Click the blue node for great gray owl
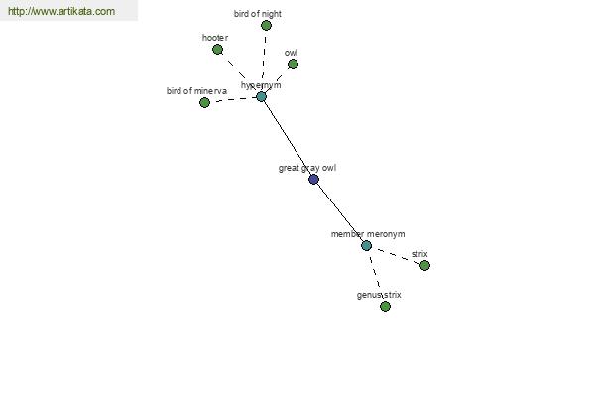313,179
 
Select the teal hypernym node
261,97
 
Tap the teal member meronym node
366,246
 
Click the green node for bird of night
266,26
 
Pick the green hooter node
217,49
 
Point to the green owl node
293,64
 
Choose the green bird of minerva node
204,102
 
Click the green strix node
424,265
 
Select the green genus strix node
385,306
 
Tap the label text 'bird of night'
257,14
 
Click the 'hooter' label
215,38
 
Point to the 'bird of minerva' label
196,91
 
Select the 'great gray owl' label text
307,168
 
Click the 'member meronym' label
368,234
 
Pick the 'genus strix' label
379,295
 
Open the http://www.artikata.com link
61,11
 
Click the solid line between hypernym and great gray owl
288,138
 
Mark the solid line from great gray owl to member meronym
340,212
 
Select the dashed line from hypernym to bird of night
264,62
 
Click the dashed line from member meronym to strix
396,255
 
